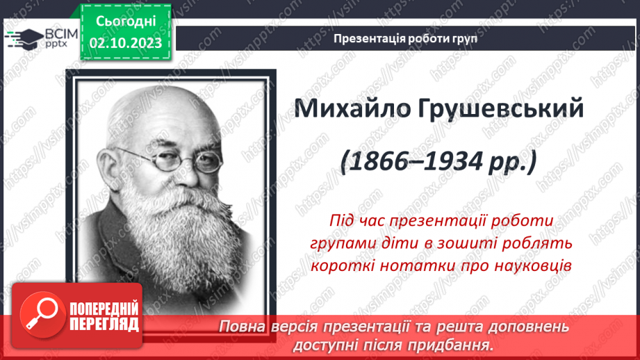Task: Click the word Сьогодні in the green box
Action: [125, 22]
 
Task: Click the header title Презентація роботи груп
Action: [405, 39]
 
